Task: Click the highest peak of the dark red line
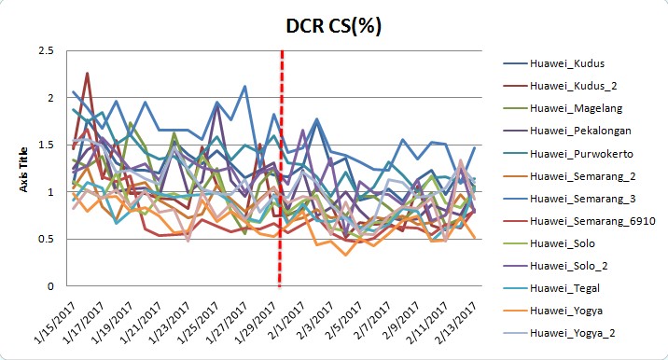pyautogui.click(x=87, y=73)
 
